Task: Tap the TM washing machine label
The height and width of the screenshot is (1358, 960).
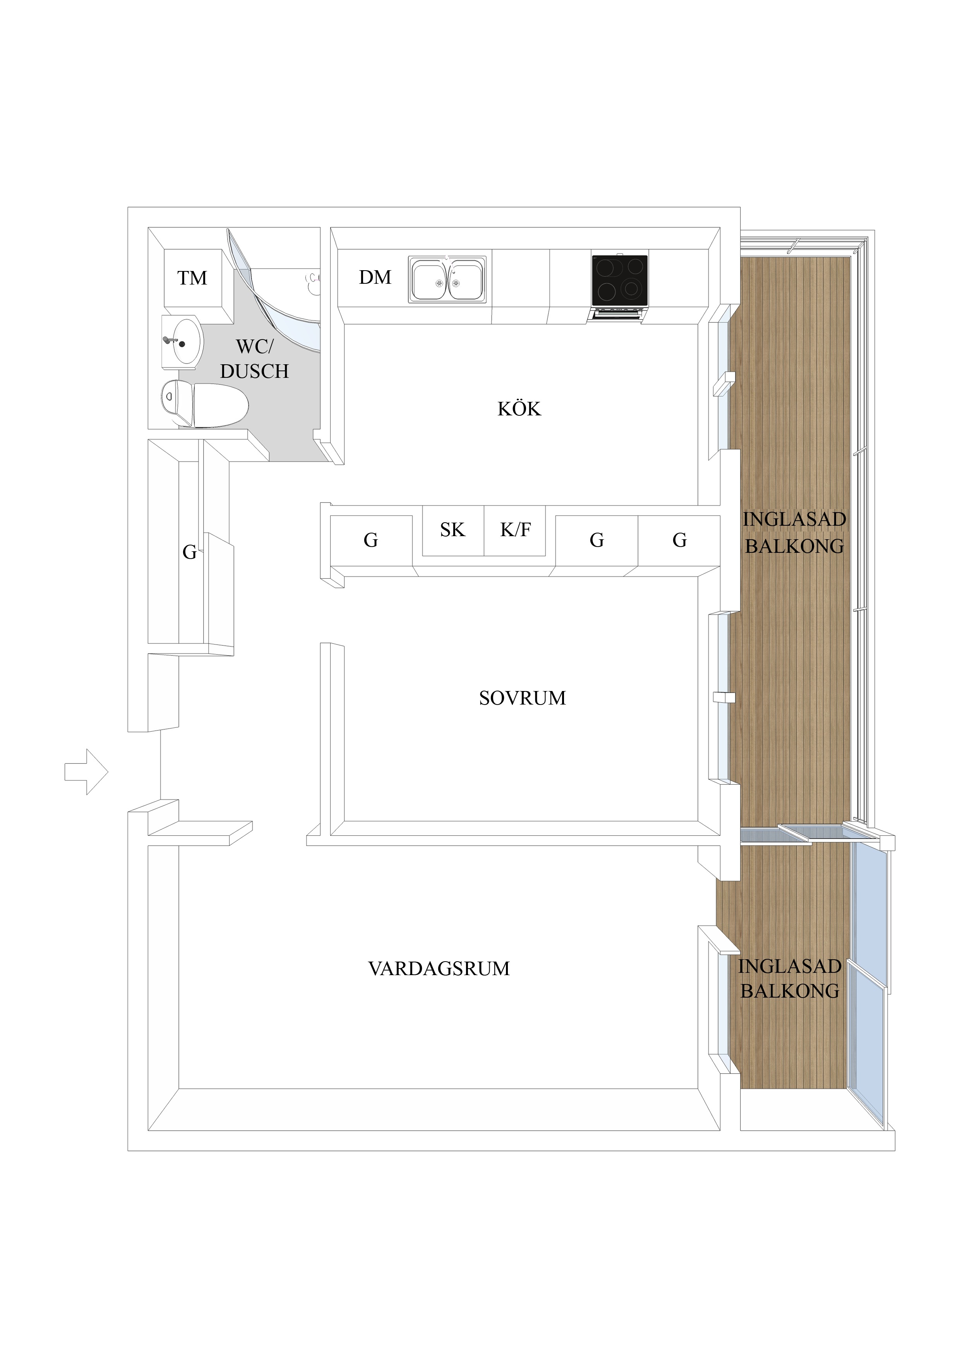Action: (192, 278)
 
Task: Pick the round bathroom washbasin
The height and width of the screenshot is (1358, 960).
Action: (182, 342)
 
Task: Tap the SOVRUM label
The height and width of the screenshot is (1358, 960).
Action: (522, 698)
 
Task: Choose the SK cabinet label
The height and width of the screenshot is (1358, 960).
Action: (453, 530)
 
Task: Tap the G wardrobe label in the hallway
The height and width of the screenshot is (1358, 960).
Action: (189, 552)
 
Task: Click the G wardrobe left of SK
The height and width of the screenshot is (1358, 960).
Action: (371, 540)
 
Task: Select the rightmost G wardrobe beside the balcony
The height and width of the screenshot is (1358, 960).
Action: (680, 540)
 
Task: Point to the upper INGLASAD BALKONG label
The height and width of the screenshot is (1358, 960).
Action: (794, 532)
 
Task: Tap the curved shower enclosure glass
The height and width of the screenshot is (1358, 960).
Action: (266, 296)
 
